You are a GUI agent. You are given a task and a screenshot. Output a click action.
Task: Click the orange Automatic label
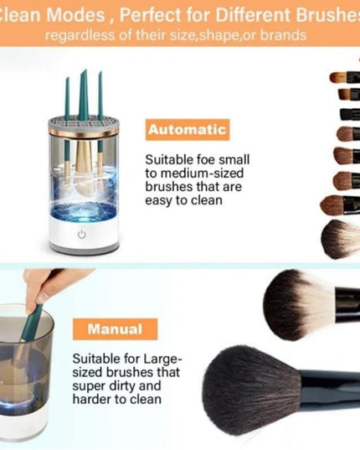tap(187, 130)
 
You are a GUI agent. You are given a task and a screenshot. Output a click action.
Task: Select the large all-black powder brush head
tap(251, 389)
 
